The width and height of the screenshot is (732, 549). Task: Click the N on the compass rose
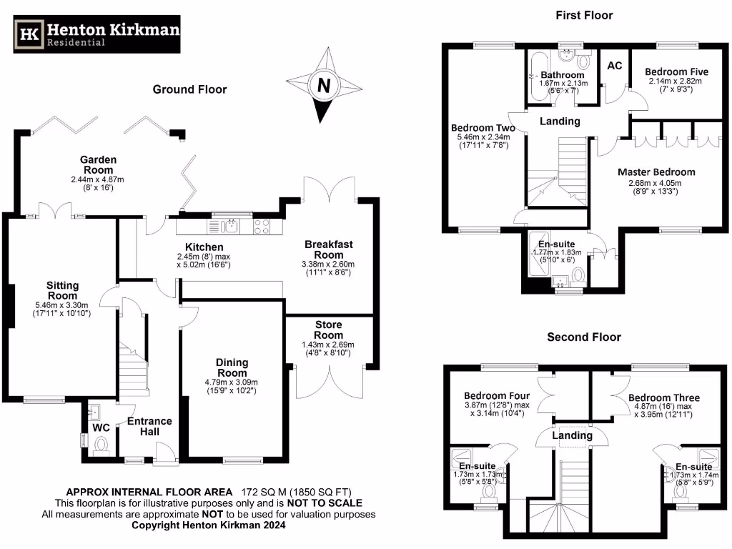324,86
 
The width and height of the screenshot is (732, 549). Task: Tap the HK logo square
29,34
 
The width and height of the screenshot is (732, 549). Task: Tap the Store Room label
328,330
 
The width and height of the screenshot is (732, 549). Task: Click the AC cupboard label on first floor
614,66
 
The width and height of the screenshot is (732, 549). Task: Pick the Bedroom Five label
676,72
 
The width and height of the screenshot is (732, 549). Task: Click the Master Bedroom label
656,172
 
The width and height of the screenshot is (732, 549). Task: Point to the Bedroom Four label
497,396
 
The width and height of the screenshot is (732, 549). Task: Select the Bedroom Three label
664,397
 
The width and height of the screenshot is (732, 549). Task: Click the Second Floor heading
584,337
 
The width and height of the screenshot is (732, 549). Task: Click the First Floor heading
584,15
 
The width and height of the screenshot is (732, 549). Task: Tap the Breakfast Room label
329,249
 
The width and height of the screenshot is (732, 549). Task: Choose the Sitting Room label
63,291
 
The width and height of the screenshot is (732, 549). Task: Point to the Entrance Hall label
149,427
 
